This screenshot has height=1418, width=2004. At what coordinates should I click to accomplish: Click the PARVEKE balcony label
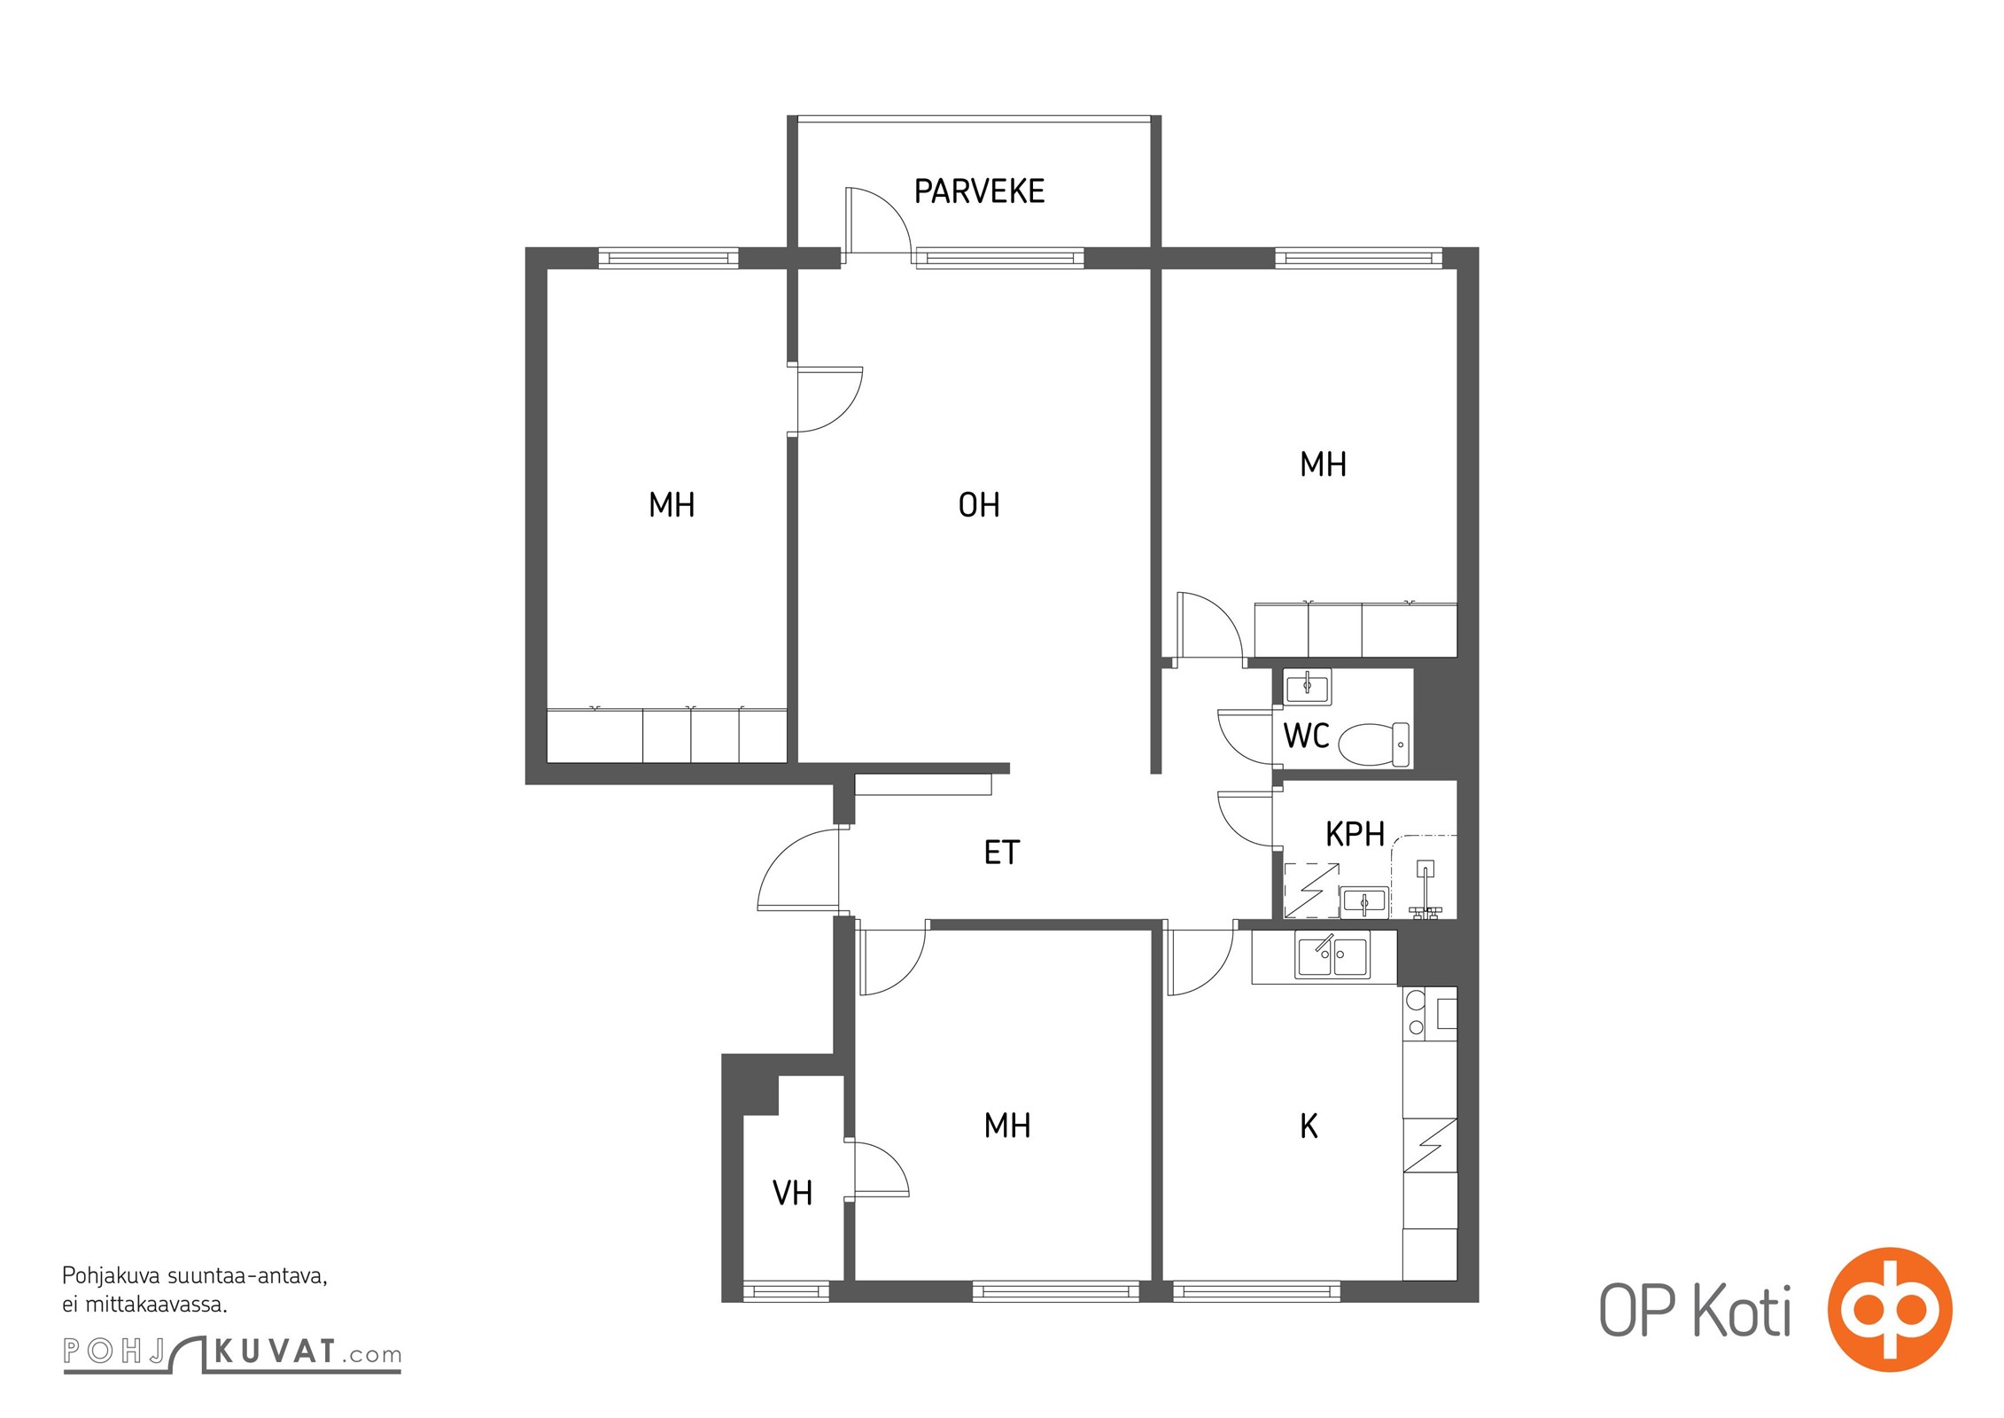coord(979,191)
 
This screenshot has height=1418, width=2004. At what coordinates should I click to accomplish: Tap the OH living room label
coord(979,505)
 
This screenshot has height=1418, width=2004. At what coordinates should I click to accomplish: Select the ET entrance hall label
coord(1002,853)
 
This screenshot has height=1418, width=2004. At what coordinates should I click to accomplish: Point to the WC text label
coord(1306,736)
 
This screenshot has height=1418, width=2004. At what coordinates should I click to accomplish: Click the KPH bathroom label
coord(1355,834)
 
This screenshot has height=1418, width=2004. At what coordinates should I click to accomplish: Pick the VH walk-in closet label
coord(792,1193)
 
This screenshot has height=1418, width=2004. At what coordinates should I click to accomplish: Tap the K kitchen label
coord(1309,1126)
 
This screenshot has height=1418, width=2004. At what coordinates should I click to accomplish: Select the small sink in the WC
coord(1307,686)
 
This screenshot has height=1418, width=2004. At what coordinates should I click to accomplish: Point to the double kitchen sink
coord(1332,954)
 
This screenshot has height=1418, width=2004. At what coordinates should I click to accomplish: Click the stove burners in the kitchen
coord(1416,1014)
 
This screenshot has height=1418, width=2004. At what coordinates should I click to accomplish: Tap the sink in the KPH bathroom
coord(1363,902)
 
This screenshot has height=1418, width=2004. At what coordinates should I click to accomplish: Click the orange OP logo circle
coord(1890,1310)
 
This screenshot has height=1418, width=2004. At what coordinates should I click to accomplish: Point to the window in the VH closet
coord(786,1292)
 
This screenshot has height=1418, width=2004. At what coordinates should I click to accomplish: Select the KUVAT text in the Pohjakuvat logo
coord(276,1352)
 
